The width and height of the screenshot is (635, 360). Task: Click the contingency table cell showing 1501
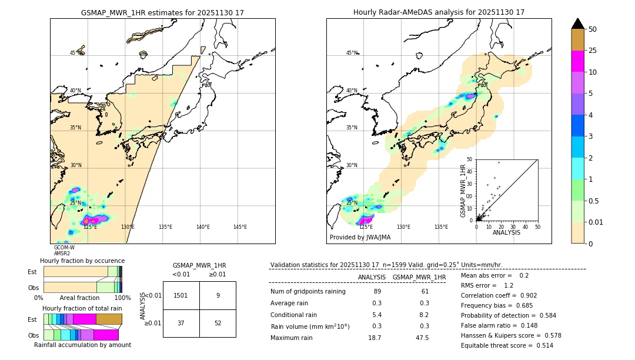click(x=181, y=295)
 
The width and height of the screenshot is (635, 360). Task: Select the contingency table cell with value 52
click(x=218, y=323)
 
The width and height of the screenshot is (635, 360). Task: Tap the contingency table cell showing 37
click(x=181, y=323)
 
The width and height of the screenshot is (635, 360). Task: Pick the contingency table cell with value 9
click(x=218, y=295)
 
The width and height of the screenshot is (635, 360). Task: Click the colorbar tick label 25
click(x=593, y=51)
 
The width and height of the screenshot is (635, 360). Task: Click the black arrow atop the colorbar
click(x=578, y=24)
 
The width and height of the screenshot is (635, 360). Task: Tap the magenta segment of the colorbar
click(x=578, y=61)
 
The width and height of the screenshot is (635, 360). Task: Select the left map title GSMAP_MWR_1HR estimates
click(x=162, y=12)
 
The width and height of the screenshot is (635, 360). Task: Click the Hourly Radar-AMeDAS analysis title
click(x=439, y=12)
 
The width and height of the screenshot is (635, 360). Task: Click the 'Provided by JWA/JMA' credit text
click(x=360, y=238)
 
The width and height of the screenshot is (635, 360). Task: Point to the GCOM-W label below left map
click(x=64, y=248)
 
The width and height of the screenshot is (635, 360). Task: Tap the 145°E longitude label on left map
click(x=240, y=227)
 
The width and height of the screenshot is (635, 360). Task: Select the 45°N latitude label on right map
click(x=352, y=53)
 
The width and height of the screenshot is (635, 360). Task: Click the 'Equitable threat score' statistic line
click(x=507, y=345)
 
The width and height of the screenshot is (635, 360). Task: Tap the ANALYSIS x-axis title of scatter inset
click(x=506, y=232)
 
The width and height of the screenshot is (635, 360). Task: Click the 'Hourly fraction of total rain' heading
click(x=82, y=308)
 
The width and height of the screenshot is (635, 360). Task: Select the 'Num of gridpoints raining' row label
click(x=308, y=292)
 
